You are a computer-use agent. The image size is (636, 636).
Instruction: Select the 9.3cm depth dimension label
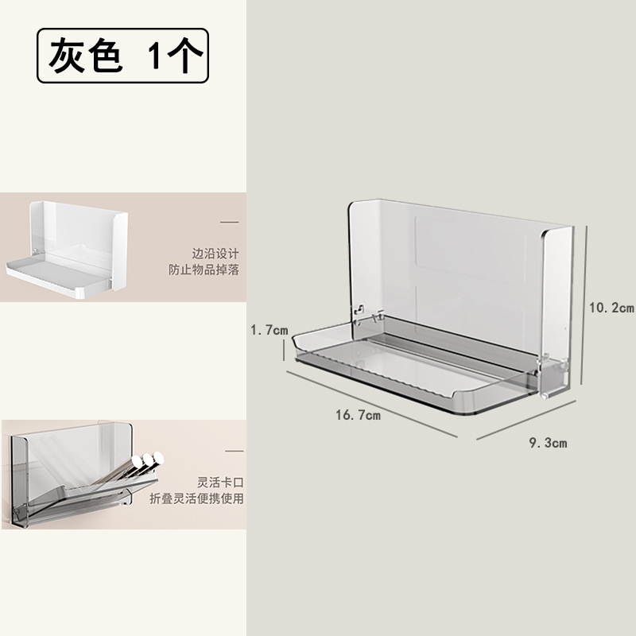[549, 443]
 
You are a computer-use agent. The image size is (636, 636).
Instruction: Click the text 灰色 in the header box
[84, 56]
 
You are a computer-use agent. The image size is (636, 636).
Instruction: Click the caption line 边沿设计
[215, 253]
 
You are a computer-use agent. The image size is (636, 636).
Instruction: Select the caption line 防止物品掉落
[204, 270]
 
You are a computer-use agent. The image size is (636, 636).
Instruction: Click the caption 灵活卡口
[220, 482]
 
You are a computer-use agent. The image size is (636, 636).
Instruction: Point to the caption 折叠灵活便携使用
[197, 498]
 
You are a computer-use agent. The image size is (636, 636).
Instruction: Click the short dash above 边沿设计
[229, 222]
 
